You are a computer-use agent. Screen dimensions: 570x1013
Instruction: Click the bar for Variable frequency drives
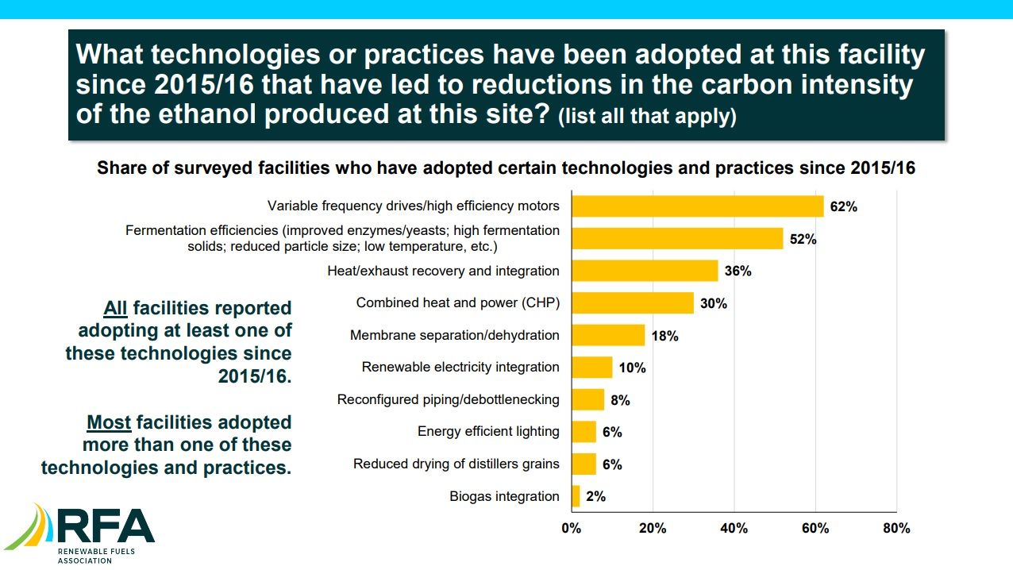[x=697, y=206]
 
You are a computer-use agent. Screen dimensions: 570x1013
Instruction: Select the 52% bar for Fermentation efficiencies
[x=677, y=238]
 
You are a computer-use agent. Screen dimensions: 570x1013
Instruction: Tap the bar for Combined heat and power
[x=632, y=303]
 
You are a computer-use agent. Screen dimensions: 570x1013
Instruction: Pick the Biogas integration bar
[x=576, y=496]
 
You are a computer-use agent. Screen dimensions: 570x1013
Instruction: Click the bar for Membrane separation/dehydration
[x=607, y=335]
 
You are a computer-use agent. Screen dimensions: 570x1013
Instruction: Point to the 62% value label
[x=843, y=206]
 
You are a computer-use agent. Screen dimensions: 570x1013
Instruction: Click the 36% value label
[x=738, y=271]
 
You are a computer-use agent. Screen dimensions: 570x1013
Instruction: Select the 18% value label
[x=664, y=336]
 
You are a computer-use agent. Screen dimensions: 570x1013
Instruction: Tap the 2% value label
[x=595, y=497]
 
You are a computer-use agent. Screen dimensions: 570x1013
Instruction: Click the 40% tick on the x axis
[x=734, y=529]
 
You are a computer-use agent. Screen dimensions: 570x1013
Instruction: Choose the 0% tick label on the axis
[x=571, y=529]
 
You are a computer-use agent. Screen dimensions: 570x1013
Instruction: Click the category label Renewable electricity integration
[x=460, y=368]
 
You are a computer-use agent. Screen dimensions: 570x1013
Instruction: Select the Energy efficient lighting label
[x=488, y=432]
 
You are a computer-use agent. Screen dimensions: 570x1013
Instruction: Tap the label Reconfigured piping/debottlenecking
[x=448, y=399]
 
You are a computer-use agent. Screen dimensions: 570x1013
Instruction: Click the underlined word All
[x=116, y=308]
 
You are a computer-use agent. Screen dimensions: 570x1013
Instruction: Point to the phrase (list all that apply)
[x=647, y=117]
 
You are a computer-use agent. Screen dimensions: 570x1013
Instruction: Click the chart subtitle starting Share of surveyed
[x=506, y=168]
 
